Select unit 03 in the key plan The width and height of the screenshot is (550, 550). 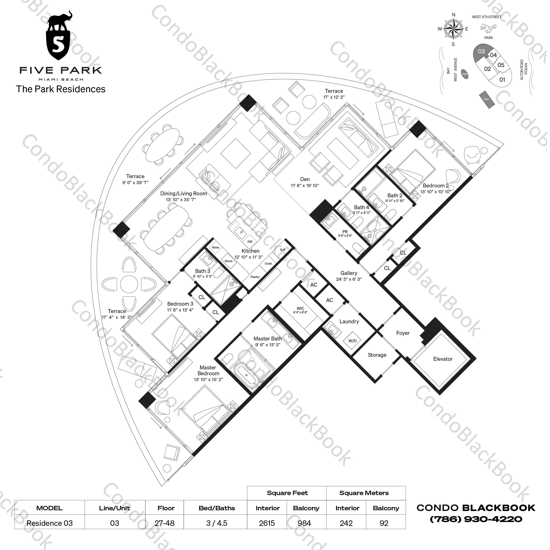coord(481,52)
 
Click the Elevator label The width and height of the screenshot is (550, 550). coord(443,359)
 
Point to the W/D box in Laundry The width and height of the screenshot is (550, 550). coord(352,341)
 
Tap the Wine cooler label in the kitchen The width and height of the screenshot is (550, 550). coord(216,247)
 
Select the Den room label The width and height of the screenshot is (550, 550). coord(305,179)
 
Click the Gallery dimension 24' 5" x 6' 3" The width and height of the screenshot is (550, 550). coord(349,279)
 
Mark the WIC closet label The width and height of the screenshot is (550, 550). coord(300,308)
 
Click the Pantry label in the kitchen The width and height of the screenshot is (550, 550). coord(255,277)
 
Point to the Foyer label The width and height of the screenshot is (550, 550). coord(403,333)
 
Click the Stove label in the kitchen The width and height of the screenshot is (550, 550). coord(229,261)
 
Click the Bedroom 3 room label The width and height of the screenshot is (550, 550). coord(180,304)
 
